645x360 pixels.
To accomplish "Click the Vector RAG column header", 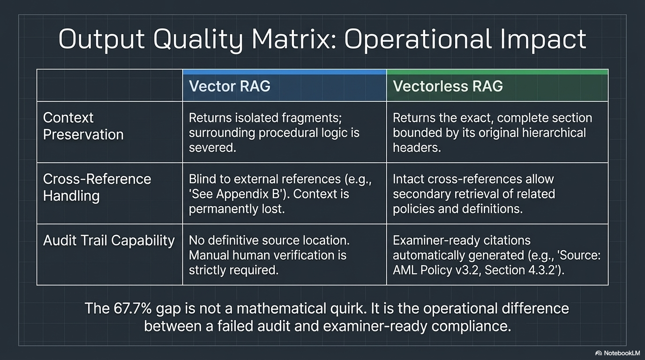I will tap(229, 86).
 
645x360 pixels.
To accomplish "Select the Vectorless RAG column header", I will tap(448, 86).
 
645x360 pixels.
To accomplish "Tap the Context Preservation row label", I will tap(83, 126).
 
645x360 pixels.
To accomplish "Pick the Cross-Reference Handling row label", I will tap(97, 187).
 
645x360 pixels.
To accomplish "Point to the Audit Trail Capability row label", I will tap(108, 240).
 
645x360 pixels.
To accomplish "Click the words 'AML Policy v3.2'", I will tap(432, 270).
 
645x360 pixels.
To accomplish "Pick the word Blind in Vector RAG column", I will tap(201, 179).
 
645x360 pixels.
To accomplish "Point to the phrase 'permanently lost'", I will tap(236, 209).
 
